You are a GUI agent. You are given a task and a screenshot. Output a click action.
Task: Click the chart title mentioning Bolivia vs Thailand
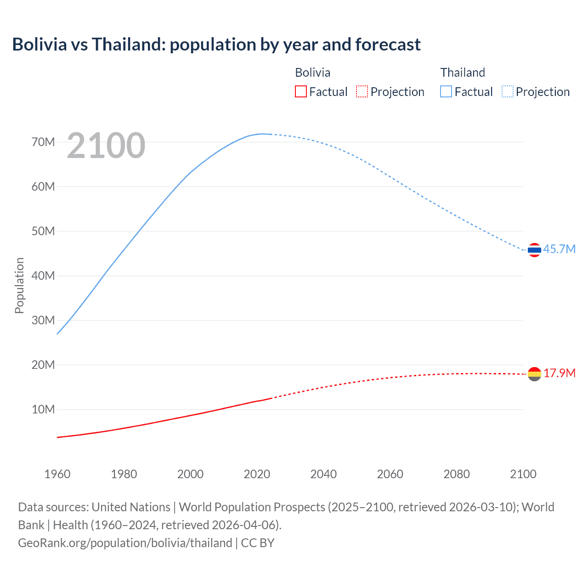click(216, 45)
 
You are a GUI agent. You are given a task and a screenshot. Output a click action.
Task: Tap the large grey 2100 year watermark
click(106, 146)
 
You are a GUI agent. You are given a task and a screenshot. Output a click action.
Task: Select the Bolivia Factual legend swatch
click(301, 92)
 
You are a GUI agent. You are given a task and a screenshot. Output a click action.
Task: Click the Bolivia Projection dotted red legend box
click(362, 92)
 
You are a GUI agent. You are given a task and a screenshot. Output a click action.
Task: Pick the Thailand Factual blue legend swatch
click(446, 92)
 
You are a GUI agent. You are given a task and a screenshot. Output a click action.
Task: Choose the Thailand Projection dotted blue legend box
click(507, 92)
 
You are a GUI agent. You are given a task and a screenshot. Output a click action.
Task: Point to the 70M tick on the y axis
click(43, 142)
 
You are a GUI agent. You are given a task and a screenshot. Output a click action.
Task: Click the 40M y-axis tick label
click(43, 276)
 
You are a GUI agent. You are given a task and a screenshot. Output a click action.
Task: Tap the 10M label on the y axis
click(43, 409)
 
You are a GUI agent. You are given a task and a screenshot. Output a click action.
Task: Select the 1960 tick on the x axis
click(57, 474)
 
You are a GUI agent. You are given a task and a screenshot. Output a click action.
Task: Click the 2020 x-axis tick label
click(257, 474)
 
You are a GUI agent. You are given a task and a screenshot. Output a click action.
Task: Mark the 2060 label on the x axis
click(390, 474)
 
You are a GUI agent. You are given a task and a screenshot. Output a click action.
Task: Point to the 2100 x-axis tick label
click(523, 474)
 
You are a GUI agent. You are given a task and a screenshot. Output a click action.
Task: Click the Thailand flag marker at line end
click(534, 250)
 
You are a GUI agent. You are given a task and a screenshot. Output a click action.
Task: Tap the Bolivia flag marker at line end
click(534, 374)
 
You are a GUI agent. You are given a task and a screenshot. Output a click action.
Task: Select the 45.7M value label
click(559, 249)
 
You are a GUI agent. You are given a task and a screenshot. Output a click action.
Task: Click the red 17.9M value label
click(559, 373)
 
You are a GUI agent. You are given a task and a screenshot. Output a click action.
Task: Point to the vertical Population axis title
click(19, 285)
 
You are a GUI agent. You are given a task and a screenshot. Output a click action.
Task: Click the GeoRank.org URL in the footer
click(125, 543)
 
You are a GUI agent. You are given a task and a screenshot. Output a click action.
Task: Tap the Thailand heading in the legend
click(463, 73)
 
